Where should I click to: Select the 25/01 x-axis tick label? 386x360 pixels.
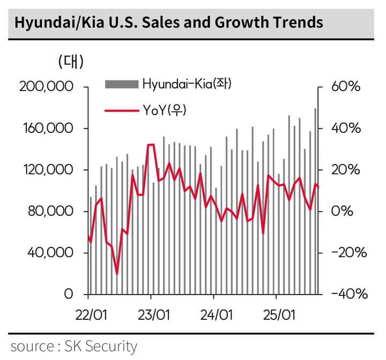pyautogui.click(x=278, y=314)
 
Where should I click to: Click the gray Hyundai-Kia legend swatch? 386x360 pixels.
pyautogui.click(x=122, y=84)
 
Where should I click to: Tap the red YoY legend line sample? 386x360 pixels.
pyautogui.click(x=122, y=110)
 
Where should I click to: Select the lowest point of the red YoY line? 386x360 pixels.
pyautogui.click(x=117, y=274)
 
